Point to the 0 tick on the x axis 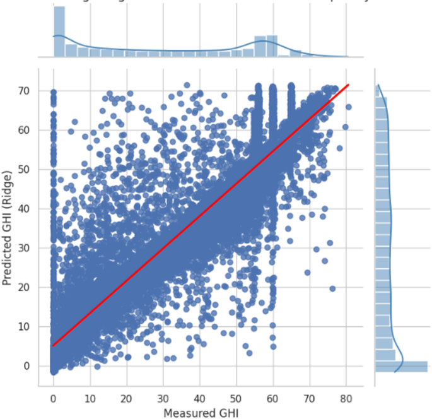53,399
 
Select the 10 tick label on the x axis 90,399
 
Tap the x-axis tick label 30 163,399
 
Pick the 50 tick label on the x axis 236,399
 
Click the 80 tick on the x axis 346,399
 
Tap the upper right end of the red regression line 348,85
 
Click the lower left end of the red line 53,346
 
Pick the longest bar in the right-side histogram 401,366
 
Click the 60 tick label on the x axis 273,399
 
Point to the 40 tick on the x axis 200,399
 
